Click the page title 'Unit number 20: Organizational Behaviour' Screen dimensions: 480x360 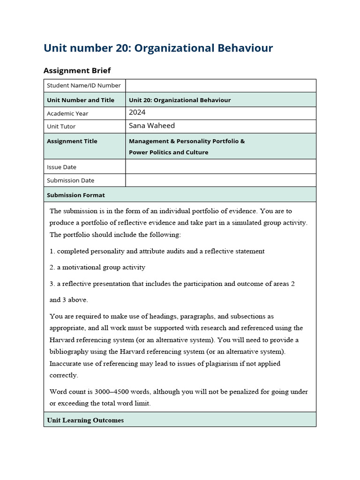158,48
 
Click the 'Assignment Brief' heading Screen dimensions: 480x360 77,70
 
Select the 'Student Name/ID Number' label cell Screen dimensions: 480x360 84,85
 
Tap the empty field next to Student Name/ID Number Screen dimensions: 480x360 220,85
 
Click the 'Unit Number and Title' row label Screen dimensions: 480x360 81,100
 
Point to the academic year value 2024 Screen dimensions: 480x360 137,112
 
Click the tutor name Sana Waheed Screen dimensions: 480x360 151,126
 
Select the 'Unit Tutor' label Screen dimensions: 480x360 61,127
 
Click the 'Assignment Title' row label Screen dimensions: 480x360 72,141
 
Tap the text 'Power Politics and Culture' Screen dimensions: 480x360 168,152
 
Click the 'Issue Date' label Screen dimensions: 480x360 61,167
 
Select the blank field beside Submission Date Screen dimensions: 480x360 220,180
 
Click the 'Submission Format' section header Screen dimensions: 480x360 76,195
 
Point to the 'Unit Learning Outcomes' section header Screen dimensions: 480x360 85,420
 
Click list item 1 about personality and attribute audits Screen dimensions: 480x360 157,251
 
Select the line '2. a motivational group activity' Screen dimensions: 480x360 97,267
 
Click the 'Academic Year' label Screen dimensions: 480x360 67,113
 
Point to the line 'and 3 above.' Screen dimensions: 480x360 69,300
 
